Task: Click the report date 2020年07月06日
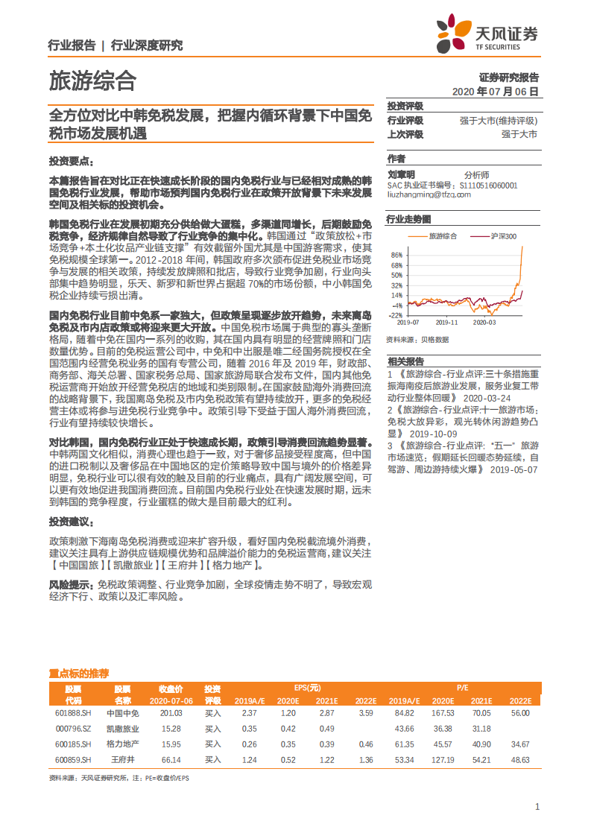tap(495, 92)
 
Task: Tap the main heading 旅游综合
tap(92, 79)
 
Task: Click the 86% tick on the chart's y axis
tap(396, 255)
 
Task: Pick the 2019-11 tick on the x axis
tap(446, 323)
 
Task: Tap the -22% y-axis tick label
tap(395, 315)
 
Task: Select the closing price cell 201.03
tap(171, 713)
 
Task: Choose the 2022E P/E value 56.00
tap(519, 713)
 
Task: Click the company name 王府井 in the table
tap(122, 759)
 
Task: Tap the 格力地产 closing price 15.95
tap(171, 744)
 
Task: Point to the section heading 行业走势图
tap(409, 219)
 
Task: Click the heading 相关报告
tap(405, 360)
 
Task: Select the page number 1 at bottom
tap(537, 807)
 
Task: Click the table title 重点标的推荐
tap(78, 672)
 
